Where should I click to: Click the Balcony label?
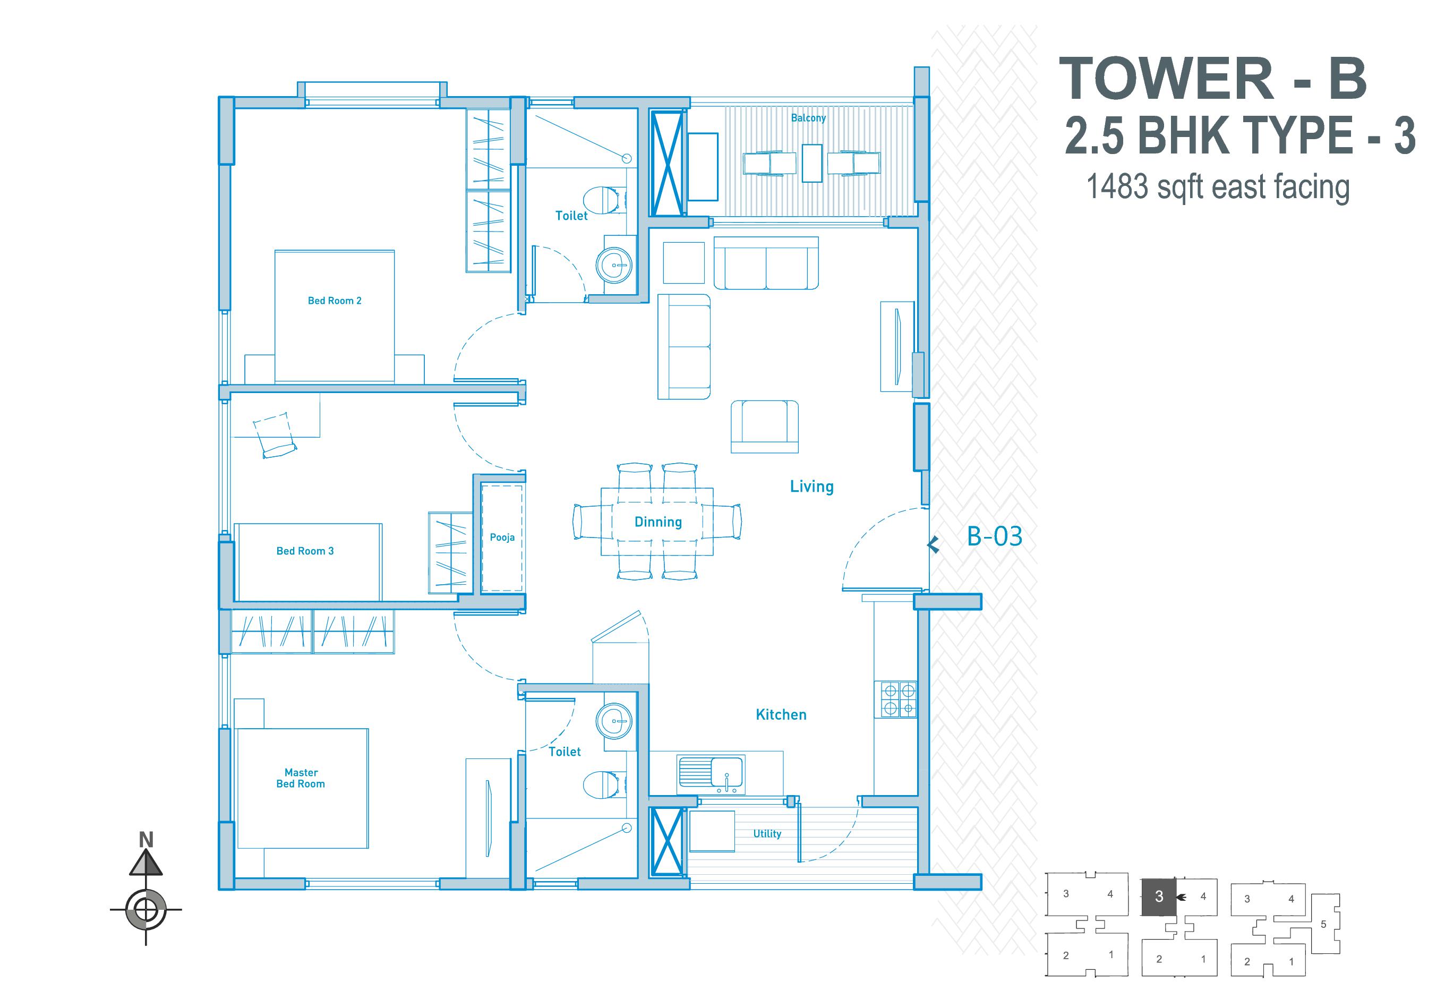808,118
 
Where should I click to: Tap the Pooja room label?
502,537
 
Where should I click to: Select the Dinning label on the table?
657,522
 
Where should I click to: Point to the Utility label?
767,833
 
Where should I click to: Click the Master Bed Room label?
301,778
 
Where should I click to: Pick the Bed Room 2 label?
334,301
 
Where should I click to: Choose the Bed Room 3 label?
305,551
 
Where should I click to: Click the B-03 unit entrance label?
994,536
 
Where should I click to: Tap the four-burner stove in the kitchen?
898,699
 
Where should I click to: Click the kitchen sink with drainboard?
711,772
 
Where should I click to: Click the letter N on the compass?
146,840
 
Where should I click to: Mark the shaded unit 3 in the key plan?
1159,897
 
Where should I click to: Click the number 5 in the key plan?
1323,924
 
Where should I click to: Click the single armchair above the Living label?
765,426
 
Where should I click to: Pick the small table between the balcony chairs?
812,163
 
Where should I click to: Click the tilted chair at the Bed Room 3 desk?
275,434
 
